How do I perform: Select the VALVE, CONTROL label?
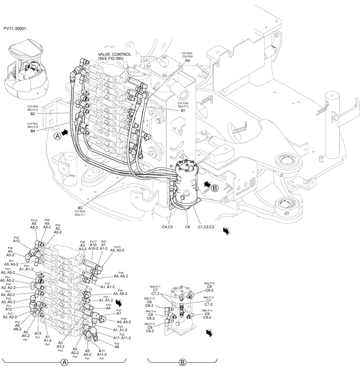coord(114,54)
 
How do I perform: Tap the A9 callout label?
coord(187,61)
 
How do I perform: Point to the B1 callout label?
coord(183,110)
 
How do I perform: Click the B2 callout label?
coord(33,114)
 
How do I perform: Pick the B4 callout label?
coord(33,131)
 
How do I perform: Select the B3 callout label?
coord(80,208)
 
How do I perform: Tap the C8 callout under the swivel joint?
coord(187,227)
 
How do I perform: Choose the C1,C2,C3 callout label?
coord(206,227)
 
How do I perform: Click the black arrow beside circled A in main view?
coord(65,134)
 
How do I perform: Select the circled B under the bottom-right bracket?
coord(181,362)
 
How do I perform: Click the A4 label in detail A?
coord(108,308)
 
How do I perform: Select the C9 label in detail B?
coord(207,314)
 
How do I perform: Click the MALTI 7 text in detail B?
coord(155,286)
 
